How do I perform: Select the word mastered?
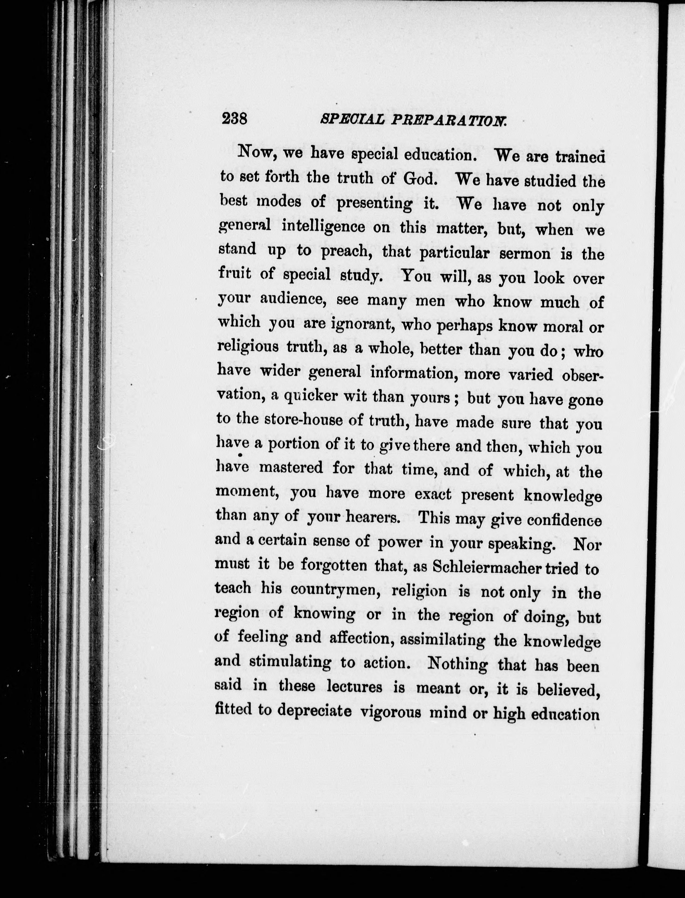(x=291, y=467)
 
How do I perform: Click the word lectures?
(x=355, y=687)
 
